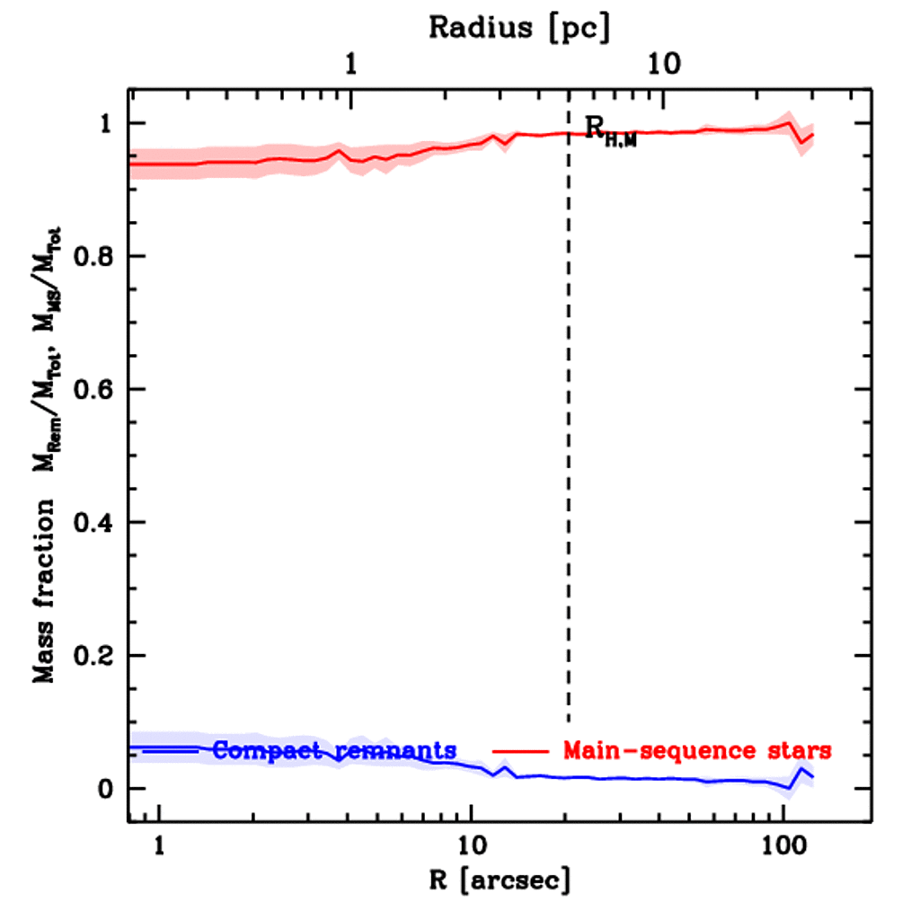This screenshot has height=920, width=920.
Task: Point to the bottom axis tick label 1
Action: [x=160, y=845]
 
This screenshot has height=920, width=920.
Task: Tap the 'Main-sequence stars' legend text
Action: [x=696, y=749]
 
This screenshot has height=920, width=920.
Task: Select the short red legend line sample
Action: [x=520, y=750]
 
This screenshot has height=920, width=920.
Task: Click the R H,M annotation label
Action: [x=610, y=131]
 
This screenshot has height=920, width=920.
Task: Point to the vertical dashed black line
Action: [x=568, y=449]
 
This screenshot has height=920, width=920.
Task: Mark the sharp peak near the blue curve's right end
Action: [x=800, y=769]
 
